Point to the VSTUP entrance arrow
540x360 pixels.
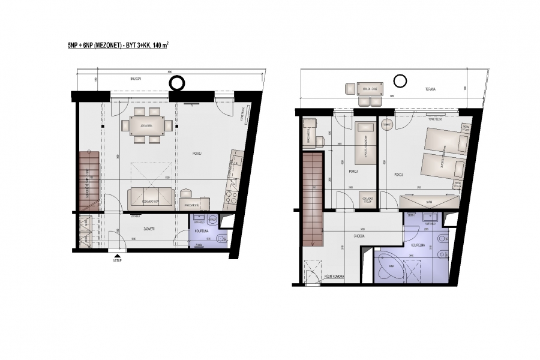point(117,256)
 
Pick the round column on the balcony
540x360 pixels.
point(178,82)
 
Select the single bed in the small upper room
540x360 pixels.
point(364,143)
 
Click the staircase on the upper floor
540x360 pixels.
point(312,198)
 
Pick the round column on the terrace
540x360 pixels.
point(400,80)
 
